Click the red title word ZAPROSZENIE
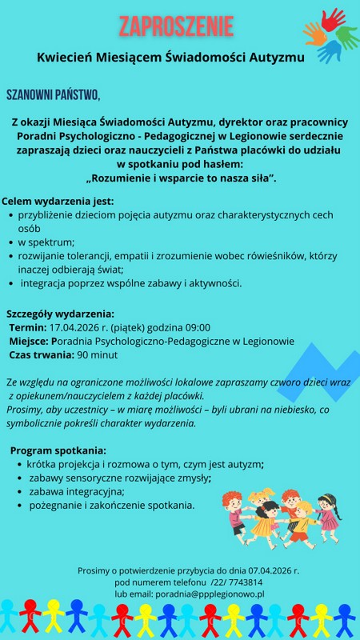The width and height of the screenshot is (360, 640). pos(176,26)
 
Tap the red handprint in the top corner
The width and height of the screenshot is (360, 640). pos(332,19)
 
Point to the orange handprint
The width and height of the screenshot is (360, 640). pos(314,33)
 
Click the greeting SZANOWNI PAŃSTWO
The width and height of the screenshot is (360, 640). pos(53,96)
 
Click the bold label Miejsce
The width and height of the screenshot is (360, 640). pos(27,341)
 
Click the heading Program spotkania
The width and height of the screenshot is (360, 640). pos(58,450)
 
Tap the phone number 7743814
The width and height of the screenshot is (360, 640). pos(245,582)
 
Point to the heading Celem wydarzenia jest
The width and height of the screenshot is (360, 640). pos(58,201)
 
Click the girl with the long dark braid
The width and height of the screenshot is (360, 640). pos(327,512)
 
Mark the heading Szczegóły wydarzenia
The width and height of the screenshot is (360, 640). pos(60,313)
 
